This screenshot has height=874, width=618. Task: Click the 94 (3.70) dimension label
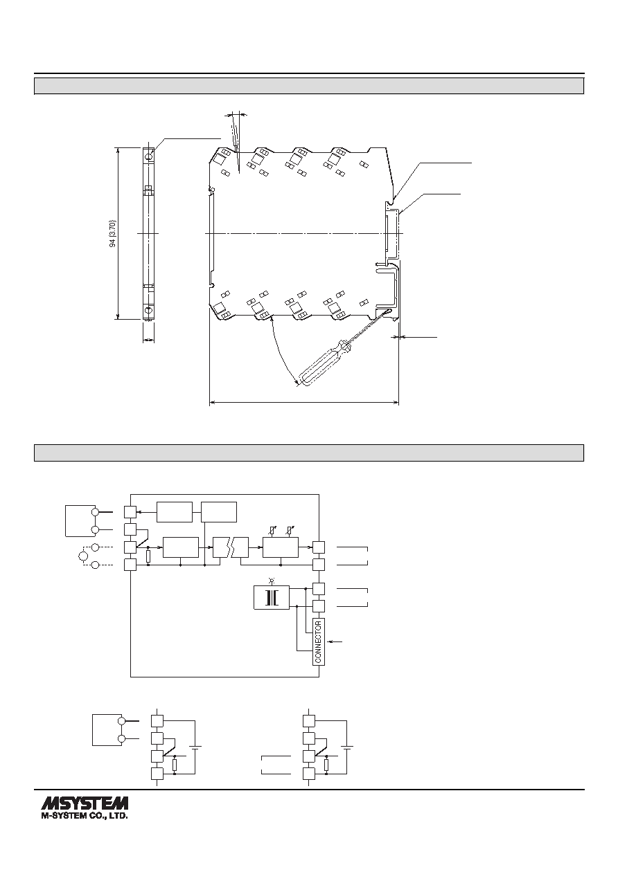pyautogui.click(x=113, y=233)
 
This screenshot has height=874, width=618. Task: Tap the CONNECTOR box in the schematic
pyautogui.click(x=319, y=642)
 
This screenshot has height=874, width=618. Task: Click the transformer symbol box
pyautogui.click(x=272, y=597)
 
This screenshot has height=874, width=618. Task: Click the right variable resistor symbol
pyautogui.click(x=289, y=531)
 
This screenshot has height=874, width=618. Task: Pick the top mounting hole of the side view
pyautogui.click(x=148, y=156)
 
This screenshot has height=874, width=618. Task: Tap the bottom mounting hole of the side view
pyautogui.click(x=148, y=310)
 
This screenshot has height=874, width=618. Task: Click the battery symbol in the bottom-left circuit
pyautogui.click(x=195, y=747)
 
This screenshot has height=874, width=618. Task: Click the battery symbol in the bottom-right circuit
pyautogui.click(x=347, y=747)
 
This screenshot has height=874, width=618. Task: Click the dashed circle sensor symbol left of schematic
pyautogui.click(x=83, y=556)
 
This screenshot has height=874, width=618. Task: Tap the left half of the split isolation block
pyautogui.click(x=222, y=547)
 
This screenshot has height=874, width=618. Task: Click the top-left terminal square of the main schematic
pyautogui.click(x=130, y=512)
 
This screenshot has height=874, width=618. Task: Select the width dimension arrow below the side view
pyautogui.click(x=148, y=340)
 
